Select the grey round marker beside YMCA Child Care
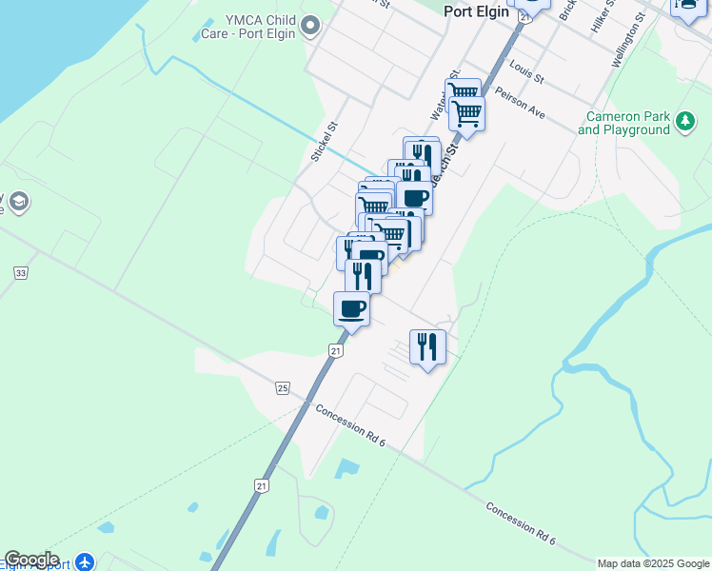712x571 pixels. click(x=310, y=27)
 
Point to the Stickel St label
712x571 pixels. click(x=326, y=140)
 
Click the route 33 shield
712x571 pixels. click(x=20, y=273)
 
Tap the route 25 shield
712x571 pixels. click(x=283, y=387)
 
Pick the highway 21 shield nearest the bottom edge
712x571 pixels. click(x=261, y=485)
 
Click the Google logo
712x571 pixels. click(x=31, y=560)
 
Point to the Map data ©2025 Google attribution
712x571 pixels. click(x=653, y=563)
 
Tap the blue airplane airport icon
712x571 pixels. click(x=85, y=561)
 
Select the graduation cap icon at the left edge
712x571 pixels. click(x=19, y=201)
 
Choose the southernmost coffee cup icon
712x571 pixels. click(x=351, y=307)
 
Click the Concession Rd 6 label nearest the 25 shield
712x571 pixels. click(x=350, y=423)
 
